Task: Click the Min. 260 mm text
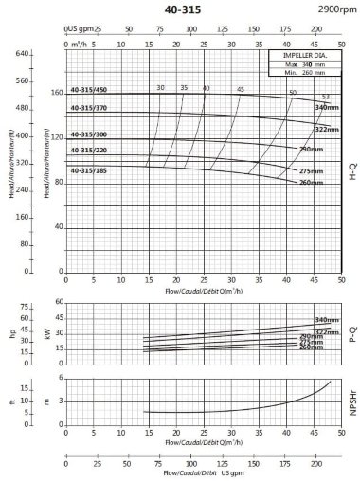pos(305,71)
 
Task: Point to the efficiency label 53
pos(325,98)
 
